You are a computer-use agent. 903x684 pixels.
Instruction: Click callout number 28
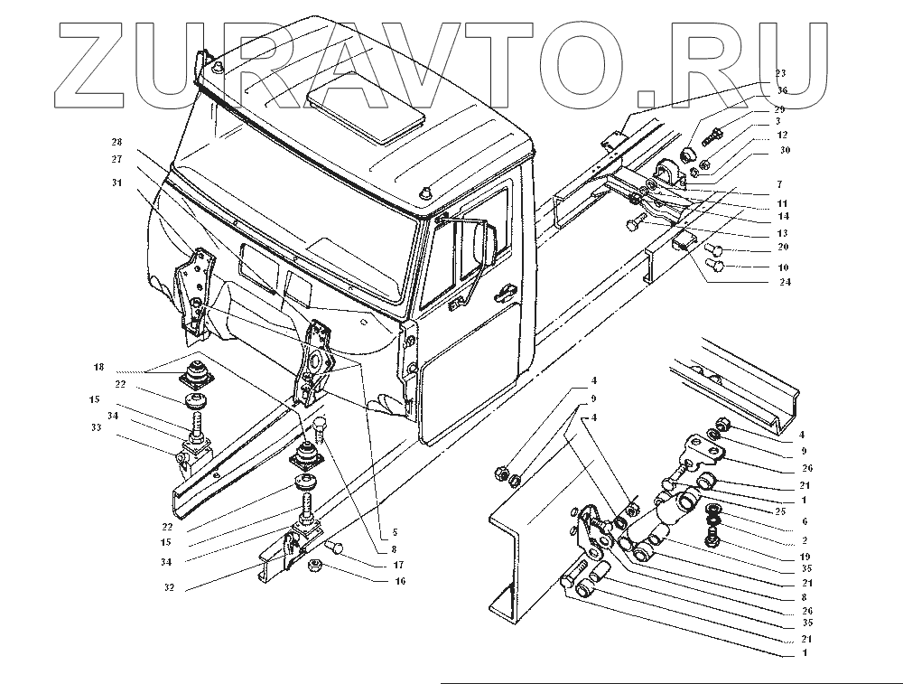[x=117, y=142]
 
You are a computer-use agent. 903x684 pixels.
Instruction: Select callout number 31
[x=117, y=183]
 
